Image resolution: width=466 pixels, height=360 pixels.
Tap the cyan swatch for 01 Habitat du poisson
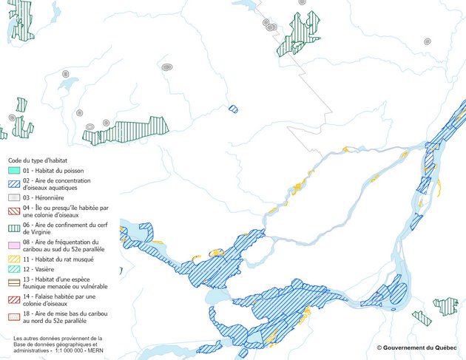coord(14,171)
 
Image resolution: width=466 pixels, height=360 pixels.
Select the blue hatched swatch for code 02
coord(14,183)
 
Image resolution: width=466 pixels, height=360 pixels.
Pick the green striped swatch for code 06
coord(14,225)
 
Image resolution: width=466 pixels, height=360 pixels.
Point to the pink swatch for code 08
coord(14,242)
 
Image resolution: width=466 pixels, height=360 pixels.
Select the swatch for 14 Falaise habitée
coord(14,298)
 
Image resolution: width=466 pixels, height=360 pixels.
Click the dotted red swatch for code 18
coord(14,315)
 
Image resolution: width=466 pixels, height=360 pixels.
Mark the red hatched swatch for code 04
coord(14,209)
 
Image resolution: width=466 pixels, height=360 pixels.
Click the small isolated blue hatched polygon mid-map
coord(234,109)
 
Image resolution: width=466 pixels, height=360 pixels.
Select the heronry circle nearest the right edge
coord(428,41)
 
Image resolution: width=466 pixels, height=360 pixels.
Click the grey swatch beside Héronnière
coord(14,198)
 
